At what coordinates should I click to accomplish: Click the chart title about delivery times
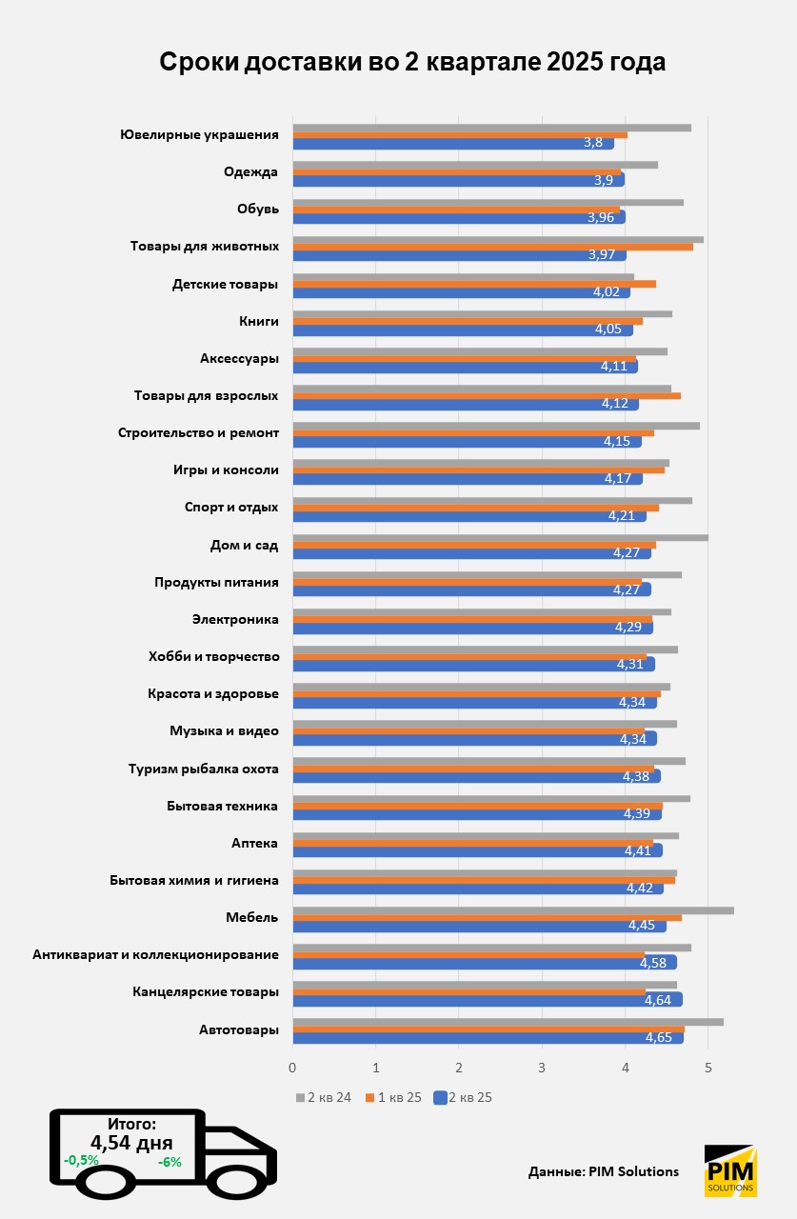412,62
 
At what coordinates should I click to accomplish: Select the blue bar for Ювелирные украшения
453,143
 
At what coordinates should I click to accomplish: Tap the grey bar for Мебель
512,910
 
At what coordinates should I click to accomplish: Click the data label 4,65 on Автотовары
659,1037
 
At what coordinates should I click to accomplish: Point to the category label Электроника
235,620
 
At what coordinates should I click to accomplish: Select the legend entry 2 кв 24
325,1097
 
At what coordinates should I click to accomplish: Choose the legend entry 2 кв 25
463,1097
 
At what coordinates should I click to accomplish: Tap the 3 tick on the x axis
542,1068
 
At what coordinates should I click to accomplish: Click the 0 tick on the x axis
292,1068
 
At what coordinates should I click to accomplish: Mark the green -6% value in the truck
169,1162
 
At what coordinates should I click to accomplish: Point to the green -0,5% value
81,1161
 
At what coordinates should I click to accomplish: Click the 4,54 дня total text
131,1143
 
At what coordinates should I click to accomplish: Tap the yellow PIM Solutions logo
730,1170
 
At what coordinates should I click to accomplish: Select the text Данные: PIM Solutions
604,1171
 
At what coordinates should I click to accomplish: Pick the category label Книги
259,322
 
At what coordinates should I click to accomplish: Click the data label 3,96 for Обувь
601,218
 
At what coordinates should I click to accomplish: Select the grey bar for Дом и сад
500,538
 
